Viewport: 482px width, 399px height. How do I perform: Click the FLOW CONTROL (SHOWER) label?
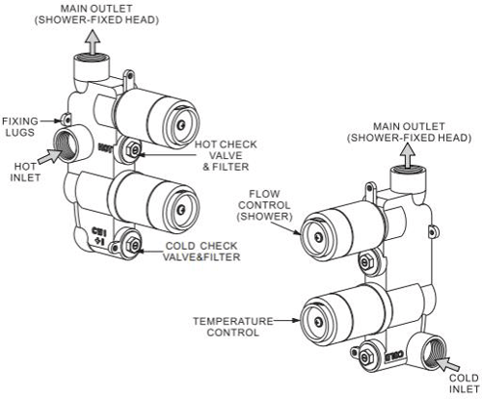(263, 202)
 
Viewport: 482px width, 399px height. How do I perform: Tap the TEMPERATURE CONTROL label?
(226, 326)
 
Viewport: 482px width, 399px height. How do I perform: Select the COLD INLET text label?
(462, 383)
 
